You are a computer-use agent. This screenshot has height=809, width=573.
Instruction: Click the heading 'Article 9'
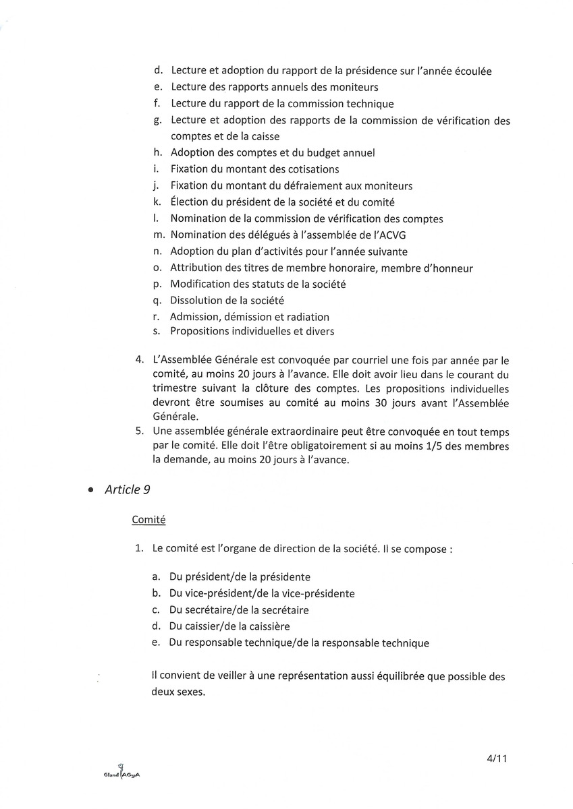tap(128, 490)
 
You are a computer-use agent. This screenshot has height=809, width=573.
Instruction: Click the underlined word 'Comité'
tap(149, 520)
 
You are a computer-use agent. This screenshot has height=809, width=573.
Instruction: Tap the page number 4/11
tap(496, 758)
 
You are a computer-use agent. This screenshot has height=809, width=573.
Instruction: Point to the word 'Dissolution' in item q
tap(197, 301)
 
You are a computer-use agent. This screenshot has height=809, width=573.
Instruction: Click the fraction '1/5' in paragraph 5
tap(425, 447)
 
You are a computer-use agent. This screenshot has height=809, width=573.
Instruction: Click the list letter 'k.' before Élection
tap(157, 202)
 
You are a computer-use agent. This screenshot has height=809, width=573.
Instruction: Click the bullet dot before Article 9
tap(90, 491)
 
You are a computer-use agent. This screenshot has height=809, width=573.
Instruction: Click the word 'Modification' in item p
tap(201, 284)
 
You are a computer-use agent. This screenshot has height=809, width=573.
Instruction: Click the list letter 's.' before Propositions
tap(157, 331)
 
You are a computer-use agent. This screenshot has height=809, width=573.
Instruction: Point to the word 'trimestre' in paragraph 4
tap(177, 389)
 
